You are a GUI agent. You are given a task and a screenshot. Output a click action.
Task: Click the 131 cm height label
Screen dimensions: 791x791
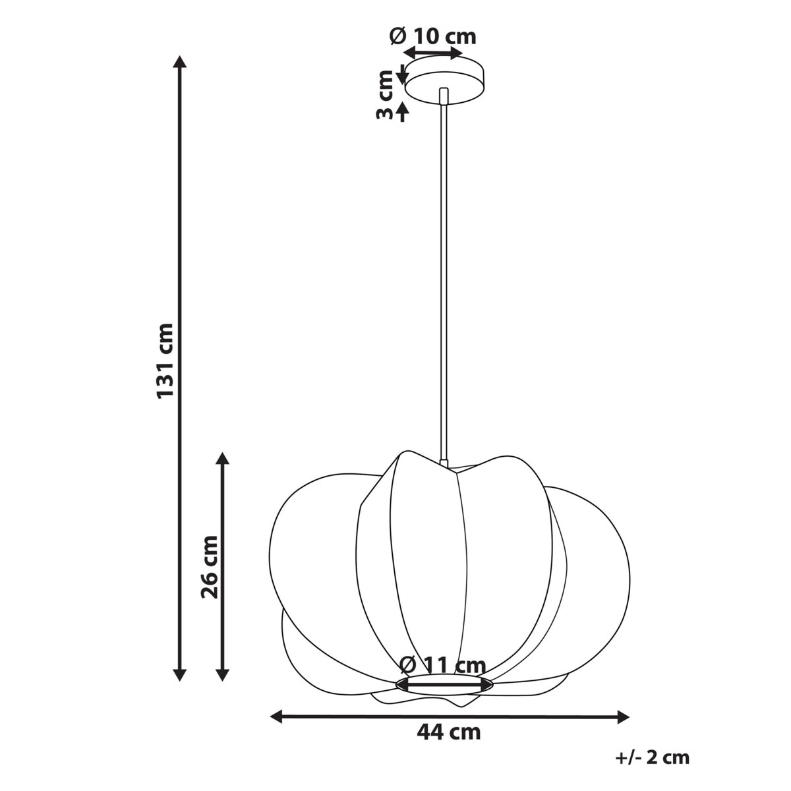[165, 360]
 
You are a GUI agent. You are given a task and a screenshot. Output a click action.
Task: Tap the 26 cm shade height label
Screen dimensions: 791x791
[210, 566]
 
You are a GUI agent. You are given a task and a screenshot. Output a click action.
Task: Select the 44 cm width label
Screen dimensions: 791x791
[448, 732]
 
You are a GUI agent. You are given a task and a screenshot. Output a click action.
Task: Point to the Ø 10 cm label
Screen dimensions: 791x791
[433, 36]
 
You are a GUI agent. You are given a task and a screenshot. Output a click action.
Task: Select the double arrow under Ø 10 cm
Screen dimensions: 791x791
[433, 53]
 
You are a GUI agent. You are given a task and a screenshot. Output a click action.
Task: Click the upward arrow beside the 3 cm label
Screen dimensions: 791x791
[403, 112]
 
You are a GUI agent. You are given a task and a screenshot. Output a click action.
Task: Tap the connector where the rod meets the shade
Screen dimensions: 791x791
[444, 463]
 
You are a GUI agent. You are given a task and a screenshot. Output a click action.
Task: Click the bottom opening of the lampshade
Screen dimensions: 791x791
[444, 684]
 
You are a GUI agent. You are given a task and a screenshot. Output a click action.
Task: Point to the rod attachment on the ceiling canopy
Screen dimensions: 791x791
[444, 95]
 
